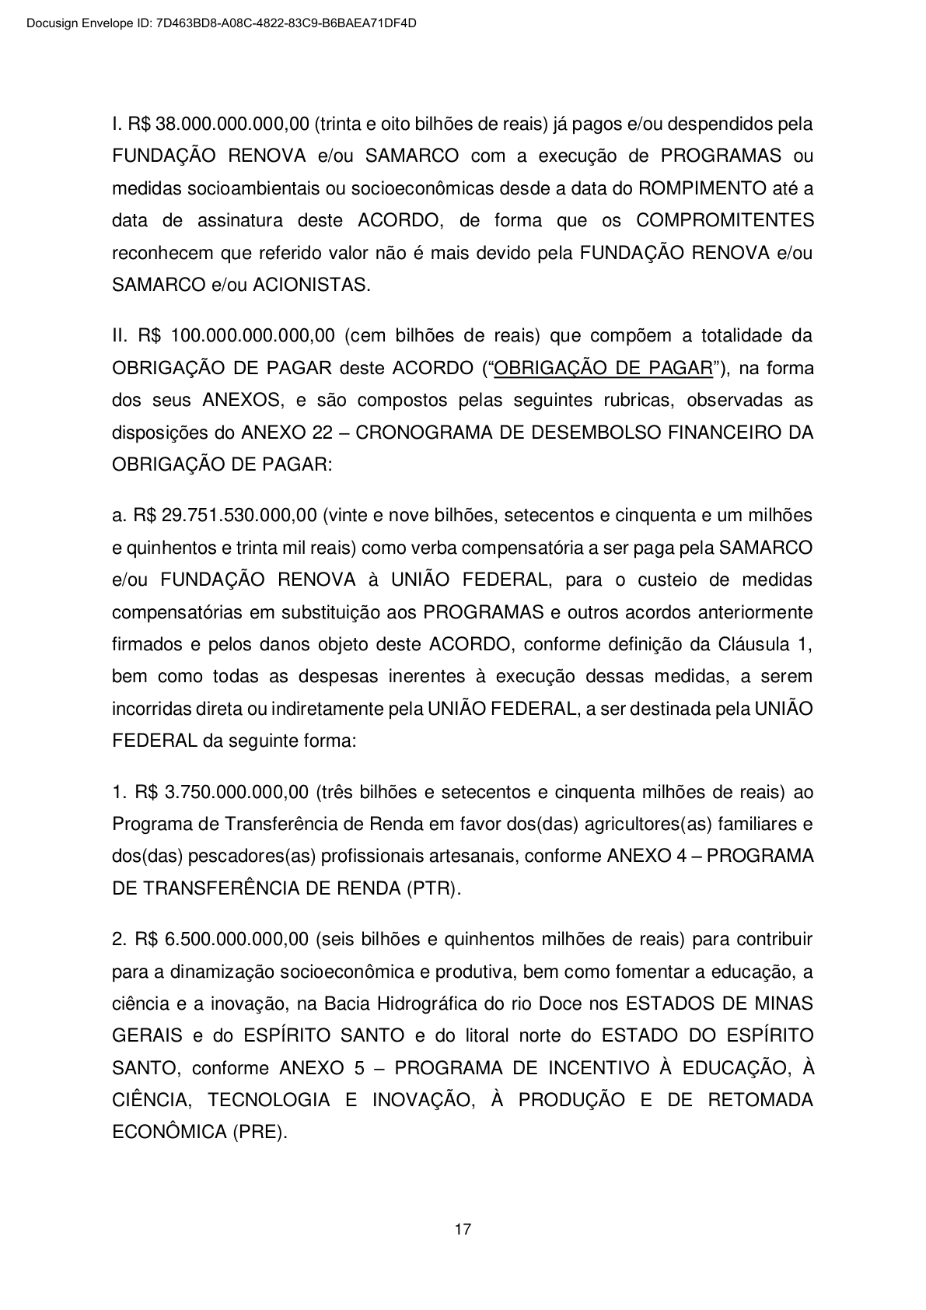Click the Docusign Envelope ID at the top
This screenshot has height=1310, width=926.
[221, 23]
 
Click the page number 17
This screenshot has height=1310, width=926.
[463, 1230]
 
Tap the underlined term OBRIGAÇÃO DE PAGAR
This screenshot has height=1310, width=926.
[603, 368]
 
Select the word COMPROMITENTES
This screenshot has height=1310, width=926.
[725, 220]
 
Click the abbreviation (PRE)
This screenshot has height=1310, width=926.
[260, 1132]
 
